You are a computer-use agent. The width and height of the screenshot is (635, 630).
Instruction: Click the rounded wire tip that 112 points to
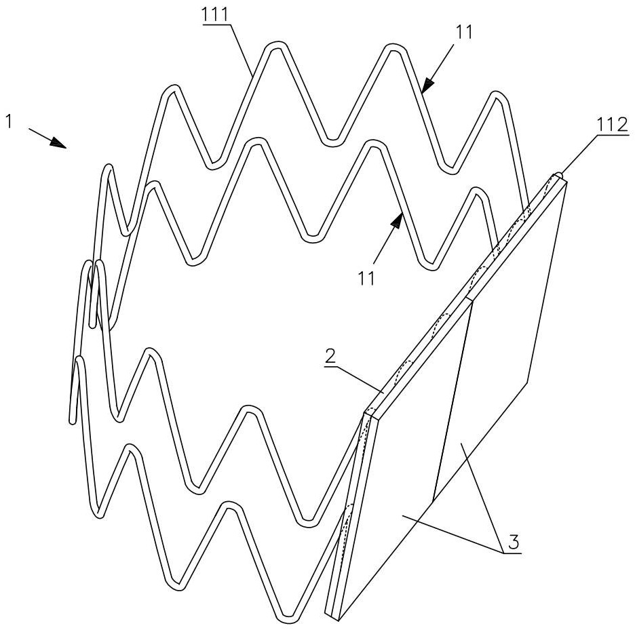coord(558,175)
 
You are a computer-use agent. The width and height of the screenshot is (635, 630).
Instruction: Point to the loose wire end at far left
coord(71,420)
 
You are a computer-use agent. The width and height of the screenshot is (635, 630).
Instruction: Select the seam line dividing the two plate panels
coord(453,400)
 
